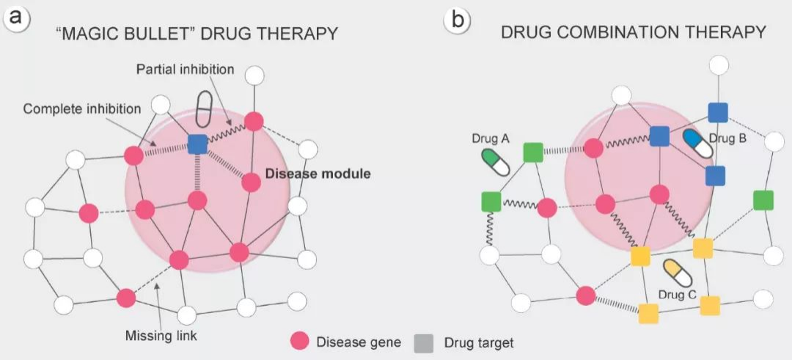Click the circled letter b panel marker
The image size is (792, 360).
pyautogui.click(x=457, y=21)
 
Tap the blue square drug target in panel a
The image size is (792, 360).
pyautogui.click(x=197, y=144)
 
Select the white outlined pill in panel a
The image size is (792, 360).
pyautogui.click(x=203, y=109)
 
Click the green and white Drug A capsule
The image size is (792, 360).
pyautogui.click(x=495, y=162)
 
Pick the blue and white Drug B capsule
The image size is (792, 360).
pyautogui.click(x=697, y=144)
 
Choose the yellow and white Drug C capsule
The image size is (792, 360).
pyautogui.click(x=678, y=273)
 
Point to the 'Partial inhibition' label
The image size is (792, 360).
pyautogui.click(x=186, y=69)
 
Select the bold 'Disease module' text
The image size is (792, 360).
pyautogui.click(x=318, y=175)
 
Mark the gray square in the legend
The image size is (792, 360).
pyautogui.click(x=423, y=343)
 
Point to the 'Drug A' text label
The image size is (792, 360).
pyautogui.click(x=489, y=138)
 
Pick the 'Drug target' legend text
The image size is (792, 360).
pyautogui.click(x=479, y=343)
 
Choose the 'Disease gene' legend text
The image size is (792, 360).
pyautogui.click(x=359, y=342)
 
